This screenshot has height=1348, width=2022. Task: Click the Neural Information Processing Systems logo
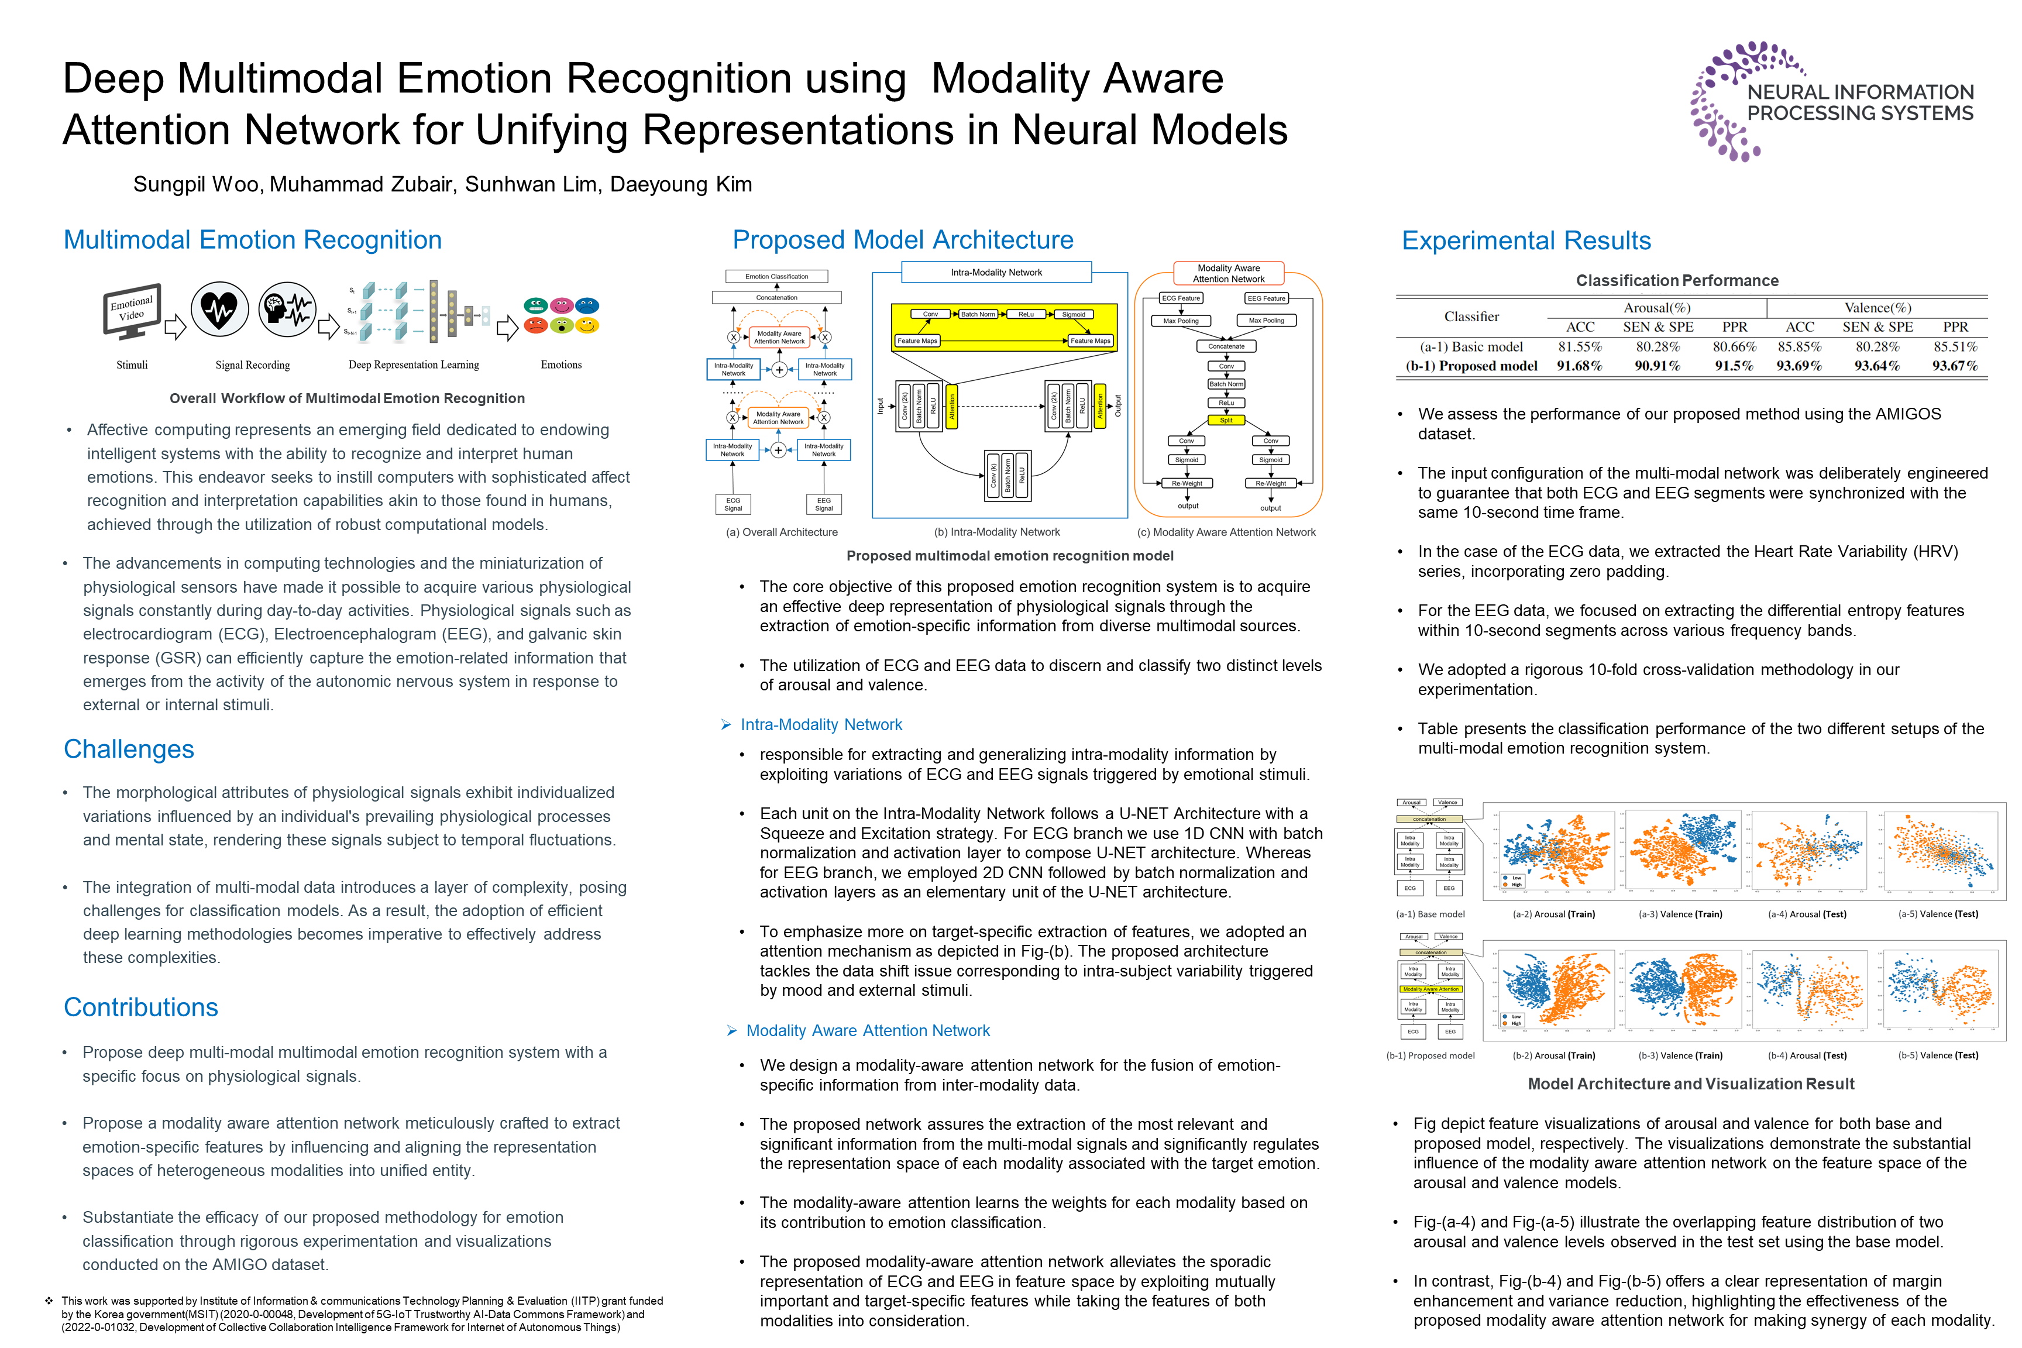[x=1831, y=101]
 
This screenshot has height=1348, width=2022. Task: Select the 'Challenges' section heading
[x=129, y=749]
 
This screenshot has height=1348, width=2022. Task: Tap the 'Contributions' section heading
[x=141, y=1007]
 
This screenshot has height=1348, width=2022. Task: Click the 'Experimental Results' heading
[x=1526, y=240]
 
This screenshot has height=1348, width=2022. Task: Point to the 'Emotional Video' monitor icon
[x=132, y=310]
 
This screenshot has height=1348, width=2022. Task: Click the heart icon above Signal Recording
[x=219, y=310]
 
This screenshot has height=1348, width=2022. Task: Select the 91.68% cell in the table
[x=1579, y=366]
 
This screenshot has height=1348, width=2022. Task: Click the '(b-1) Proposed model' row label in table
[x=1471, y=366]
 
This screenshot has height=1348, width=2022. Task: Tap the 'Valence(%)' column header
[x=1877, y=308]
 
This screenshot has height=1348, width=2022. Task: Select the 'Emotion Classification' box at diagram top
[x=776, y=277]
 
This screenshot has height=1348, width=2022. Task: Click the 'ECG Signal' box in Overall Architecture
[x=733, y=504]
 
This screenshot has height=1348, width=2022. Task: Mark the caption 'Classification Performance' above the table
[x=1676, y=281]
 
